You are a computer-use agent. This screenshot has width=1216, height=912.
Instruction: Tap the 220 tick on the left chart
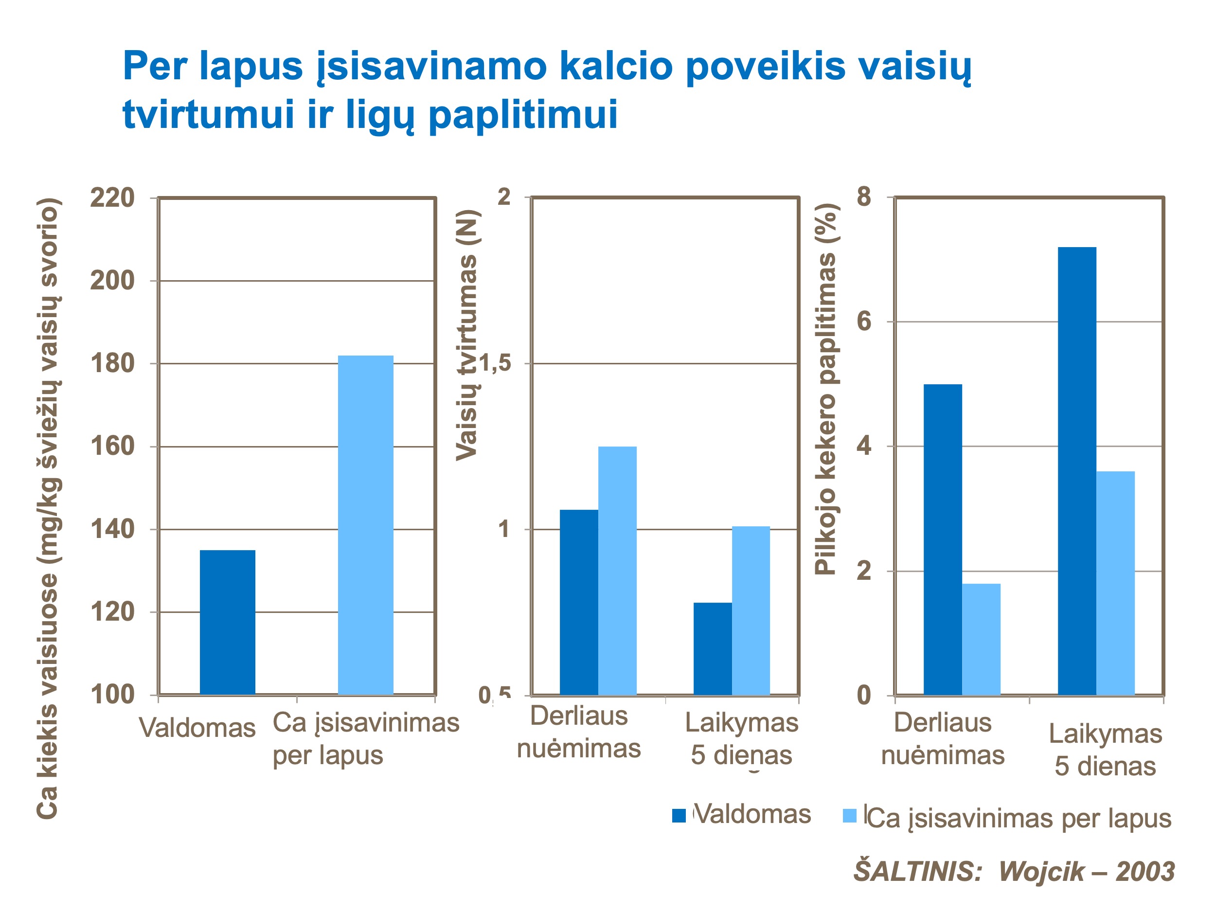(x=112, y=198)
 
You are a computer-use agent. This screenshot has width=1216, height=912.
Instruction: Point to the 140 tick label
(x=112, y=529)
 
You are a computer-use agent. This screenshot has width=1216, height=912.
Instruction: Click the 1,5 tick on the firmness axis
(x=495, y=363)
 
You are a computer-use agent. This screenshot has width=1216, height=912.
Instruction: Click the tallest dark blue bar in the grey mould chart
(x=1076, y=471)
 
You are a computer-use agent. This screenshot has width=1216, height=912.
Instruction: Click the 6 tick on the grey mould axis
(x=864, y=321)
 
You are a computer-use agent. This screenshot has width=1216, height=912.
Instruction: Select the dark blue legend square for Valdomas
(x=679, y=816)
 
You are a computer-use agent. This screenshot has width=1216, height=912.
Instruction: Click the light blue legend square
(x=849, y=816)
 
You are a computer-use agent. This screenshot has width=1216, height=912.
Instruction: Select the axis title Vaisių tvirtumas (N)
(x=467, y=335)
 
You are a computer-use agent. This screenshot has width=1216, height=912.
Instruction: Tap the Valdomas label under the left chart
(x=197, y=729)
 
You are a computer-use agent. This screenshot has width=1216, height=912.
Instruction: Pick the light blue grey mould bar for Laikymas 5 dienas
(x=1115, y=583)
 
